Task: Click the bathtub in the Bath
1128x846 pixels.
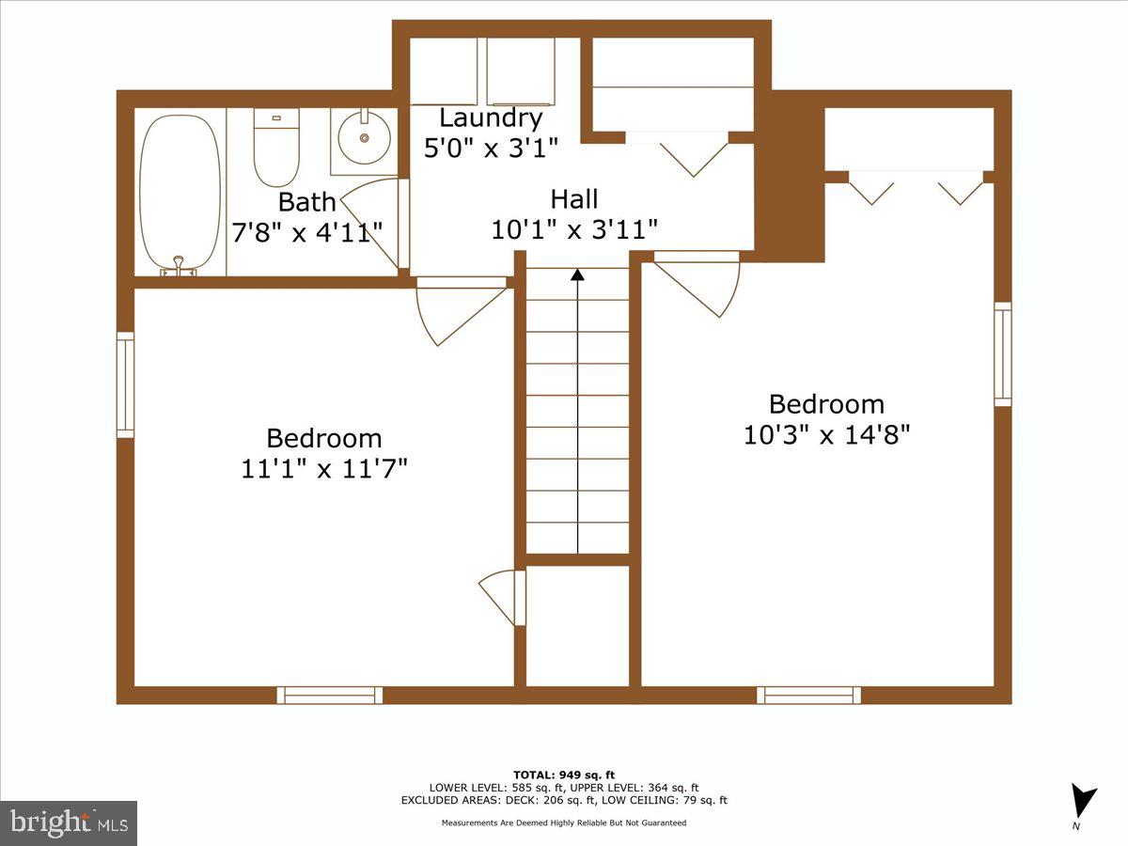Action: (x=180, y=193)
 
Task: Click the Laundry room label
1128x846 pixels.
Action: (x=491, y=118)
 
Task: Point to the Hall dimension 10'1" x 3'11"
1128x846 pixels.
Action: (x=573, y=229)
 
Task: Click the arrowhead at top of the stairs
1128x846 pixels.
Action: (x=577, y=274)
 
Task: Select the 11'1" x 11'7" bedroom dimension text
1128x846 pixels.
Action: (x=324, y=468)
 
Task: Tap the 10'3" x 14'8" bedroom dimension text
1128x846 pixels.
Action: (x=826, y=435)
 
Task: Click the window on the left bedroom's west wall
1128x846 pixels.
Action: (x=125, y=384)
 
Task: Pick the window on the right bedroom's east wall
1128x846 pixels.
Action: (x=1003, y=354)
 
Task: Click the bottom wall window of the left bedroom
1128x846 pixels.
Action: (x=330, y=695)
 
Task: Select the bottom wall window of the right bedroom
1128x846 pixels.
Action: (x=809, y=695)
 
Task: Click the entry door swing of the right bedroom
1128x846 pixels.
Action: (x=700, y=285)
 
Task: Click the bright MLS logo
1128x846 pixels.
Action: (x=69, y=823)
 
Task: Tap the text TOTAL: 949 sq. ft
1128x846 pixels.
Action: (x=564, y=775)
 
